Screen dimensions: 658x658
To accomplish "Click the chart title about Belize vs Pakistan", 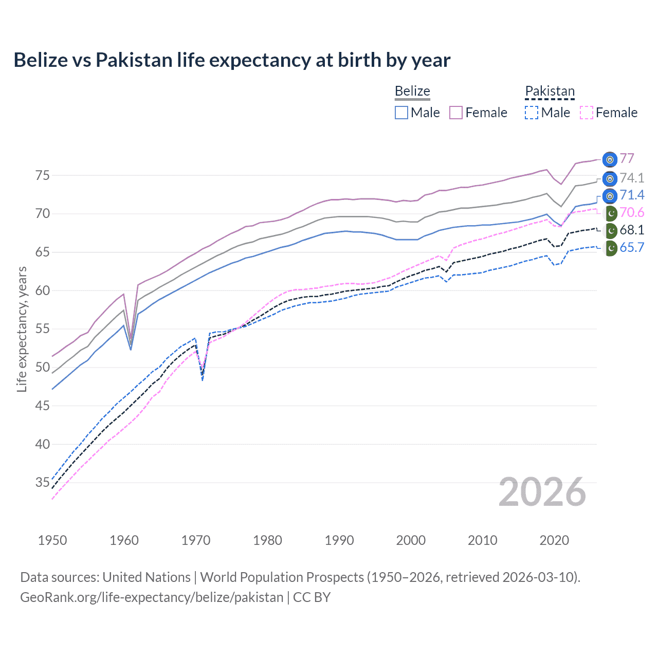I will tap(232, 60).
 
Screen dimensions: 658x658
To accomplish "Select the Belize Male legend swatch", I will tap(401, 113).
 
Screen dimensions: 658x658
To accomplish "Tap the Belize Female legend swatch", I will tap(456, 113).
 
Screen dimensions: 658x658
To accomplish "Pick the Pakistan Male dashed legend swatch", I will tap(532, 113).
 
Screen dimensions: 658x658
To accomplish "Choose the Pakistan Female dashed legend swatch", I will tap(586, 113).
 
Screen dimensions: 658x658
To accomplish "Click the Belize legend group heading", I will tap(412, 91).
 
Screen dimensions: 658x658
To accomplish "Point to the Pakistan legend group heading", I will tap(550, 91).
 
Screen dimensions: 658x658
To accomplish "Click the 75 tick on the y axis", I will tap(43, 176).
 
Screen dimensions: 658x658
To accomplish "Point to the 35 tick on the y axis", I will tap(43, 483).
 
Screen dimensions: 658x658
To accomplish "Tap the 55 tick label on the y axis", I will tap(43, 329).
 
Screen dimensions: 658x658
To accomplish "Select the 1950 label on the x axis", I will tap(52, 540).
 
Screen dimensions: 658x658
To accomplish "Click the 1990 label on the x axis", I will tap(339, 540).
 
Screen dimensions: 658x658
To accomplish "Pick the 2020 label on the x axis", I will tap(554, 540).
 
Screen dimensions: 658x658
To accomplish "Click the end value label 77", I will tap(627, 158).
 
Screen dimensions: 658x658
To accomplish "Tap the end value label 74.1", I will tap(632, 178).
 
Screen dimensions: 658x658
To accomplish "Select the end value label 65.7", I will tap(632, 247).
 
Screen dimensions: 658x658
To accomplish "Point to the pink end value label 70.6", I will tap(632, 213).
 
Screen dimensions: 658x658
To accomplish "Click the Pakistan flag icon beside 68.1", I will tap(610, 230).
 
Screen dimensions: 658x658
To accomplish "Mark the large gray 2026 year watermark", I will tap(542, 492).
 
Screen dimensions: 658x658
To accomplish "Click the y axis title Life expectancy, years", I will tap(22, 329).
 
